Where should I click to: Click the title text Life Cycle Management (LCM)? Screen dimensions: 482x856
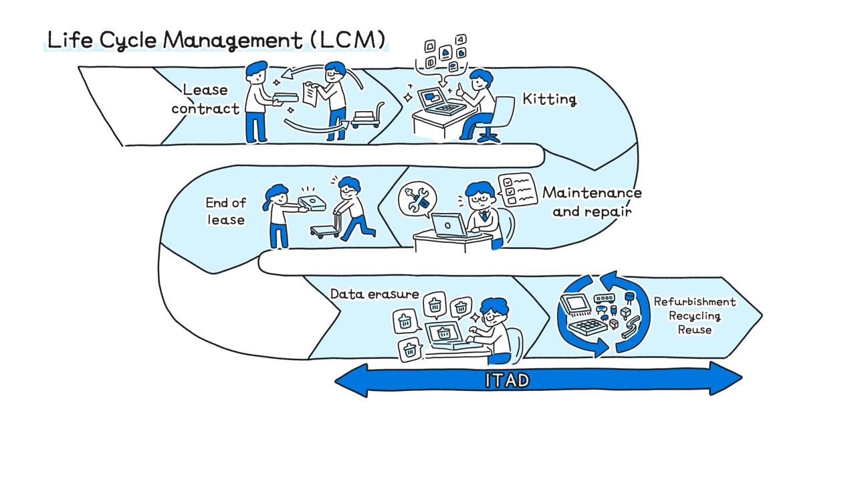pyautogui.click(x=216, y=40)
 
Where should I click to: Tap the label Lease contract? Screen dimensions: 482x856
pyautogui.click(x=205, y=98)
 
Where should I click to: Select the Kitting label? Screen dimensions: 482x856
pyautogui.click(x=549, y=100)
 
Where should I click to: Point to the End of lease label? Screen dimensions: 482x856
pyautogui.click(x=225, y=211)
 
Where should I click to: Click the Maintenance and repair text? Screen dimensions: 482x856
pyautogui.click(x=592, y=202)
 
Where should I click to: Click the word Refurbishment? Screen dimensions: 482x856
pyautogui.click(x=694, y=302)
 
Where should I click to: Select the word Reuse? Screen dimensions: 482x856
pyautogui.click(x=694, y=329)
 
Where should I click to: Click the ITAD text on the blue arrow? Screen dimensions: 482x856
pyautogui.click(x=507, y=380)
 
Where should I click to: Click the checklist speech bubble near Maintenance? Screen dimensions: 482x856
pyautogui.click(x=518, y=189)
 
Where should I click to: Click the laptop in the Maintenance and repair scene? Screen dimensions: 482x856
pyautogui.click(x=449, y=226)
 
